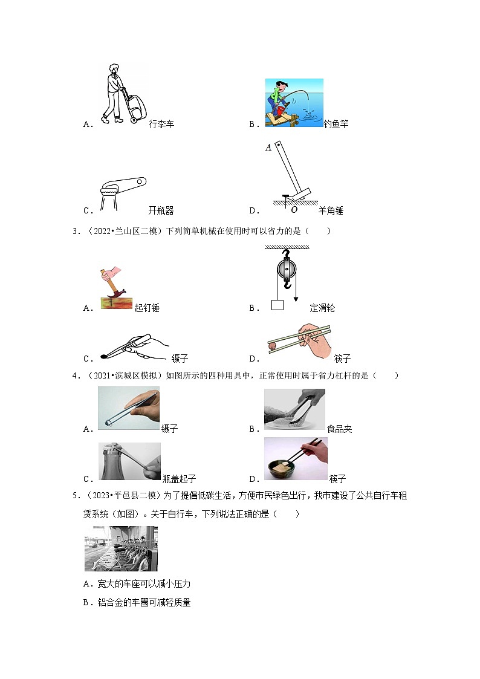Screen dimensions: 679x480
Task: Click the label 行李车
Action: coord(161,124)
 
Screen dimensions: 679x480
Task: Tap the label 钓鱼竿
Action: coord(336,124)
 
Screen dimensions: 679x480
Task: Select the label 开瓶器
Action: coord(161,210)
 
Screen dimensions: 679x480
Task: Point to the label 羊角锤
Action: coord(331,210)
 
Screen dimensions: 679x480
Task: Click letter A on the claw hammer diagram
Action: coord(268,147)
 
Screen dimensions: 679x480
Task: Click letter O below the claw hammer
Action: coord(294,210)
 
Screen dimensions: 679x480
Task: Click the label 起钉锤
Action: coord(147,308)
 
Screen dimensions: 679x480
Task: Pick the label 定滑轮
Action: coord(322,308)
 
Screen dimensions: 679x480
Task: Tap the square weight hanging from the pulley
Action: coord(277,305)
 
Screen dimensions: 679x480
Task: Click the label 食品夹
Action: coord(340,429)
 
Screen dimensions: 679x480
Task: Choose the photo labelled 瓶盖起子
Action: coord(129,461)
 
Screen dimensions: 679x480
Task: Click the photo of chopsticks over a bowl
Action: coord(296,459)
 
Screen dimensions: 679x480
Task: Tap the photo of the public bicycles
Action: coord(121,548)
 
